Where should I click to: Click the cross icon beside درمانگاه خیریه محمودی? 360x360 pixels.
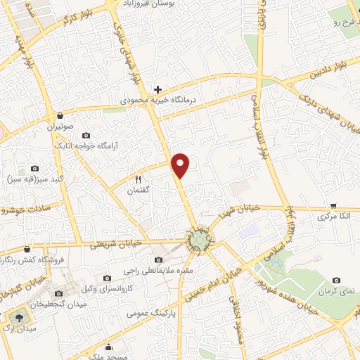tap(158, 89)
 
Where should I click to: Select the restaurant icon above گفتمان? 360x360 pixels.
tap(139, 179)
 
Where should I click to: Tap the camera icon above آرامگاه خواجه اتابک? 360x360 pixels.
tap(86, 135)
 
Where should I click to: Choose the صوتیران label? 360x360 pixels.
tap(60, 127)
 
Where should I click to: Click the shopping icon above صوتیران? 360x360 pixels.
tap(60, 115)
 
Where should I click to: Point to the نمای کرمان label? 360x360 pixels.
tap(333, 290)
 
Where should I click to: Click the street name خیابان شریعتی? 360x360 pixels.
tap(116, 243)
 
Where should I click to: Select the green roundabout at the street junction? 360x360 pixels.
tap(200, 240)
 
